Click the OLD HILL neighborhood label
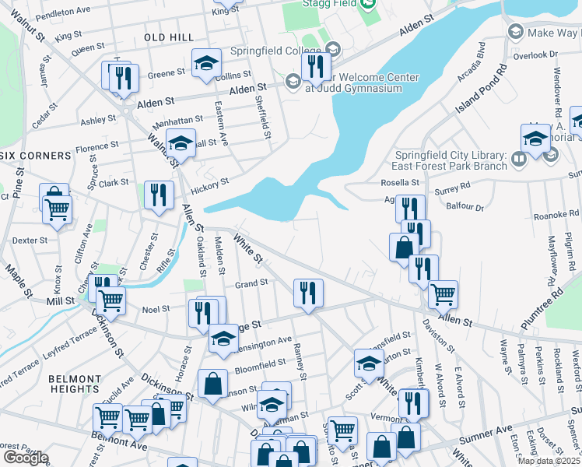[168, 37]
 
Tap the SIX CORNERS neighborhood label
[37, 156]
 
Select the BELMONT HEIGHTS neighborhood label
[75, 383]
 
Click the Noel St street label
[156, 309]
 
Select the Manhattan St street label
[176, 120]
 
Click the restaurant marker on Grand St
[308, 293]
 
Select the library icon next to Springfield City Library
[519, 160]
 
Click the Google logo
[25, 458]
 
